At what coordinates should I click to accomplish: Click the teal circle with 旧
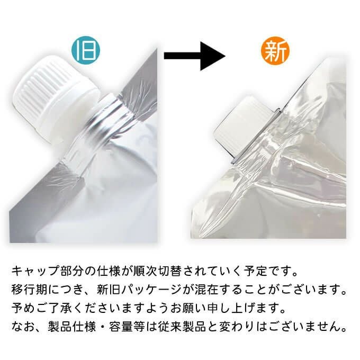[x=86, y=51]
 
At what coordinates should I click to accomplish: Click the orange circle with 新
[x=275, y=51]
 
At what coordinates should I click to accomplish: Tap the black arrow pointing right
[x=194, y=56]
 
